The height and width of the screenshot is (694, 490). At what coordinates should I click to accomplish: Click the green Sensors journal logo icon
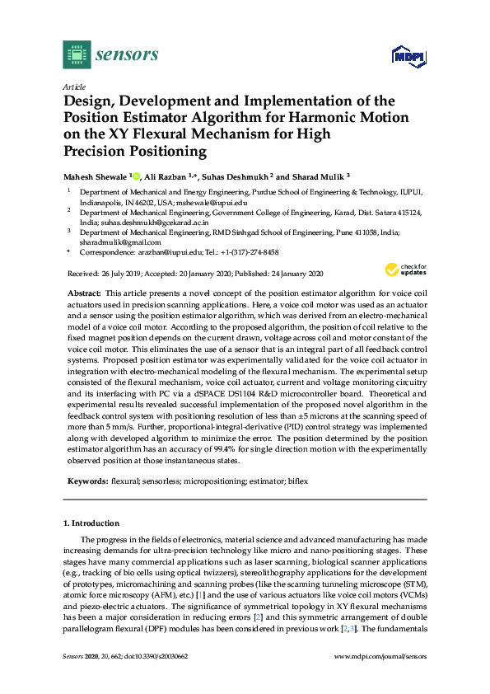(77, 54)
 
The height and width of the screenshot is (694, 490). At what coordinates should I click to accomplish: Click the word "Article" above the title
(73, 86)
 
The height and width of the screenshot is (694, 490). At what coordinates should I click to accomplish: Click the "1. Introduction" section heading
(91, 523)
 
